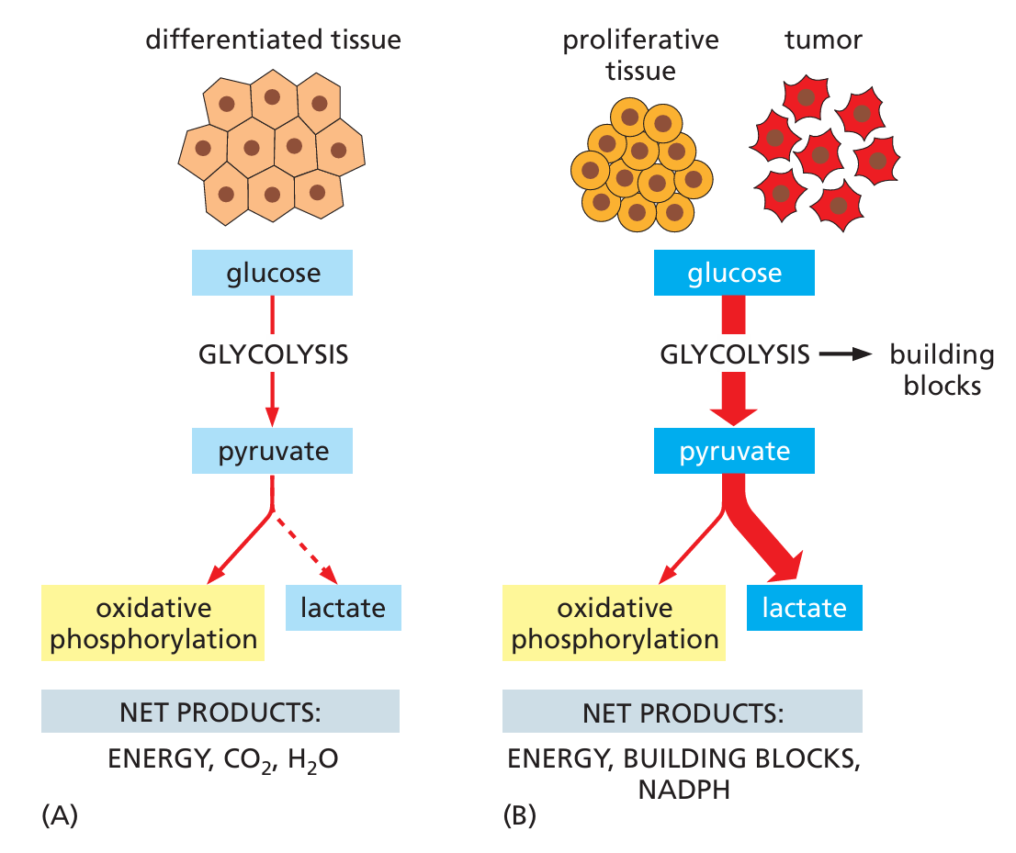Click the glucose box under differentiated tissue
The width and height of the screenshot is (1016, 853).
[272, 273]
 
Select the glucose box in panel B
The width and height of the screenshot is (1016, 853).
[734, 273]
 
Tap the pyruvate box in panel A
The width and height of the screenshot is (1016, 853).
[272, 452]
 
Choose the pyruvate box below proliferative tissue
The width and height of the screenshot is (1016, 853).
[734, 452]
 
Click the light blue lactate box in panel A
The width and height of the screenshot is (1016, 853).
[343, 608]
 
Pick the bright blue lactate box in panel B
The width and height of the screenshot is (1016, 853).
[804, 608]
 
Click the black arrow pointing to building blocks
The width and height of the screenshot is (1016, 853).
[842, 354]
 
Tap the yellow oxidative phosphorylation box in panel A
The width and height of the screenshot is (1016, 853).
[153, 623]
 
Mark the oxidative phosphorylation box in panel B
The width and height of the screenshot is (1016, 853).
[615, 623]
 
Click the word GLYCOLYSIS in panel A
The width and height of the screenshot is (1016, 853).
[274, 354]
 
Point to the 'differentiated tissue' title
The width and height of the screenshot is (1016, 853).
[274, 40]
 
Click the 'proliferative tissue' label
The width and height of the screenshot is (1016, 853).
[639, 55]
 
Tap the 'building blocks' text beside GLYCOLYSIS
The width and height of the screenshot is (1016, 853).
[942, 369]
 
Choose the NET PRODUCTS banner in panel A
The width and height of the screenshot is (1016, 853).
[220, 712]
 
